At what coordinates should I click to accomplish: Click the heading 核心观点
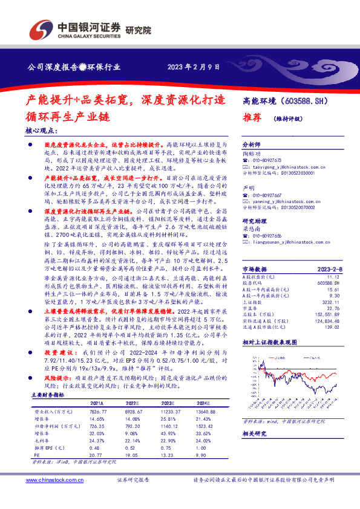(x=42, y=131)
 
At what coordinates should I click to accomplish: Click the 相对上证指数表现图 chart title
(x=270, y=342)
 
